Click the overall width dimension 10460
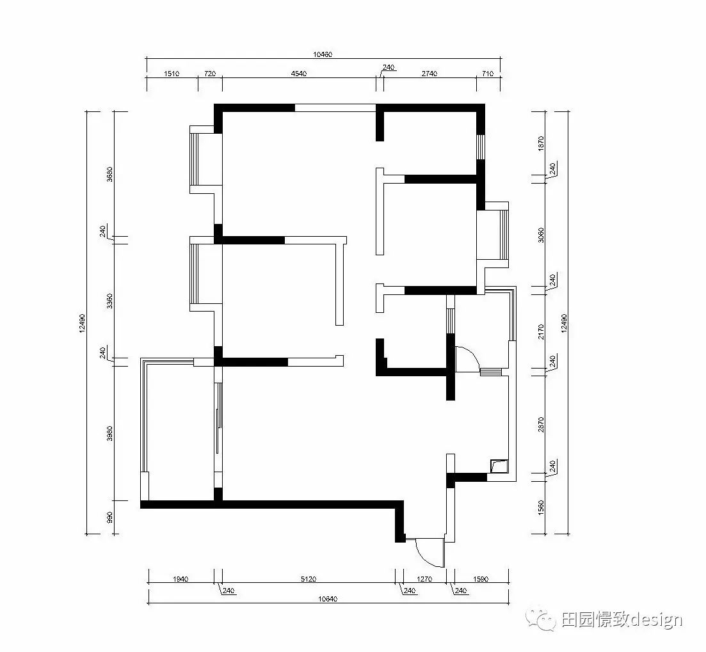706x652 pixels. pos(323,54)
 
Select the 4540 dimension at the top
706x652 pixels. pos(299,74)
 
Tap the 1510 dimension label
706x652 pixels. pos(171,74)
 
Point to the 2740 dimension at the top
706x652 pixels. pos(429,74)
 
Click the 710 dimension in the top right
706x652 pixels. pos(487,74)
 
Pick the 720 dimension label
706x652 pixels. pos(209,74)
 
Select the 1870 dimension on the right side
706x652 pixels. pos(541,143)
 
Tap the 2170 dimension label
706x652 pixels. pos(541,331)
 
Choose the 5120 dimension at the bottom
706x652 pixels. pos(309,579)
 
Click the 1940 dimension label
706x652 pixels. pos(181,579)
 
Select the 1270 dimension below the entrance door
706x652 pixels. pos(425,579)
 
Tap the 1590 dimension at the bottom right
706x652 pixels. pos(481,579)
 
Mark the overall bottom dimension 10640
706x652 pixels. pos(327,599)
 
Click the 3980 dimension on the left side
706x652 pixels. pos(110,435)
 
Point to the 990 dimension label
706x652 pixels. pos(110,517)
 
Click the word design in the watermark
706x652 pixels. pos(657,619)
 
